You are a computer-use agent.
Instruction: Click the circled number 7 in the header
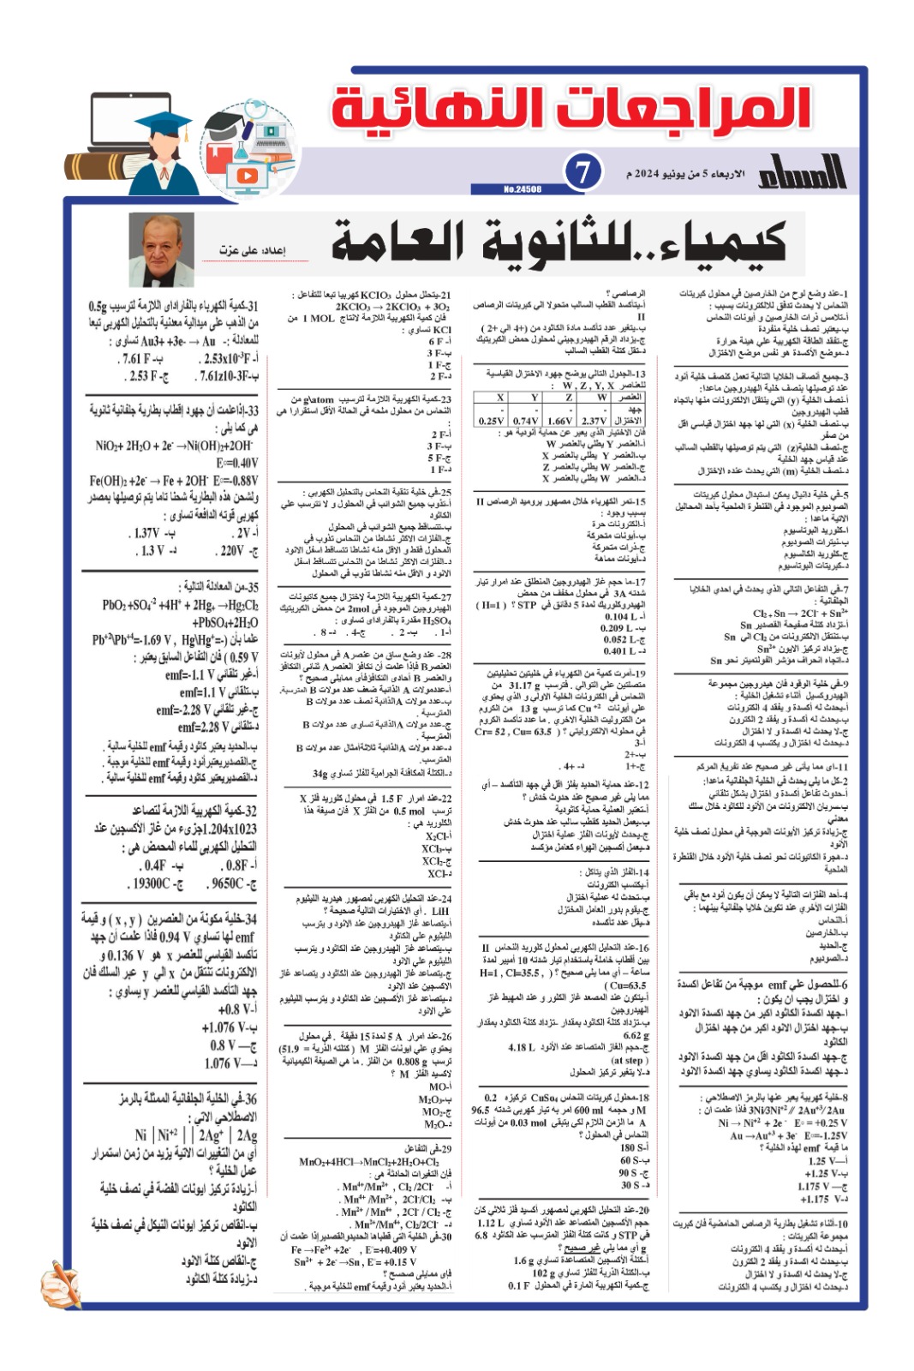tap(582, 172)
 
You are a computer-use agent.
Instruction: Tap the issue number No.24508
tap(523, 189)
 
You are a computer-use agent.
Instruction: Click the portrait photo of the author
tap(161, 249)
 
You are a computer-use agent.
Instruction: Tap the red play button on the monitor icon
tap(247, 175)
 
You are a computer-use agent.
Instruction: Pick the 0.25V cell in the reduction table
tap(491, 421)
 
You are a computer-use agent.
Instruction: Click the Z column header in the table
tap(569, 398)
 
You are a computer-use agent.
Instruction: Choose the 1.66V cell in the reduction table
tap(559, 421)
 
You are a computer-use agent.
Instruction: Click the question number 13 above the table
tap(639, 374)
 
